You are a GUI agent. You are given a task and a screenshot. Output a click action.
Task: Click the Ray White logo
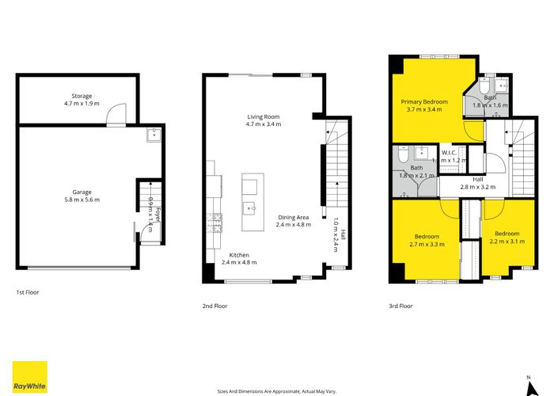[x=29, y=377]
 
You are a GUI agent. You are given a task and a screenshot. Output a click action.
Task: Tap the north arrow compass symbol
[x=528, y=383]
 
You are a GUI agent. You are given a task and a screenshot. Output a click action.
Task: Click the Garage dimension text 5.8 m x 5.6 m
[x=82, y=200]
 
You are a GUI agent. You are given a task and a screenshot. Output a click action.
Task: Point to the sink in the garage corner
[x=152, y=136]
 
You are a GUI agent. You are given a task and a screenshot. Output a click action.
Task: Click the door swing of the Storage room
[x=116, y=116]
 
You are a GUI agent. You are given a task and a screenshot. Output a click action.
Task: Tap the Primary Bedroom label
[x=424, y=101]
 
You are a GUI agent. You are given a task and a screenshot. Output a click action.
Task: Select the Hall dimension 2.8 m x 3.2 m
[x=478, y=188]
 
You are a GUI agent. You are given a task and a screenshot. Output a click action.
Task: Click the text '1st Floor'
[x=28, y=292]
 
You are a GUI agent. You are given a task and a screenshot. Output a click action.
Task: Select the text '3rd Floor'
[x=400, y=305]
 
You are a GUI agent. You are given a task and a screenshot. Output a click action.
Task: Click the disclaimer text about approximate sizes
[x=276, y=390]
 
